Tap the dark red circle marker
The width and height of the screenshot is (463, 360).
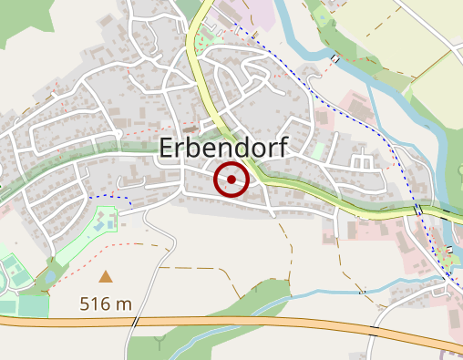[231, 180]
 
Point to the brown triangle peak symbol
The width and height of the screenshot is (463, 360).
[107, 275]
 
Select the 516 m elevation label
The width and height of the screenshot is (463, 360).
[107, 303]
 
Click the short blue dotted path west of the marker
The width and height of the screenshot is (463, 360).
[114, 196]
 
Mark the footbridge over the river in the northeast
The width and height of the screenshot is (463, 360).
[336, 59]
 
